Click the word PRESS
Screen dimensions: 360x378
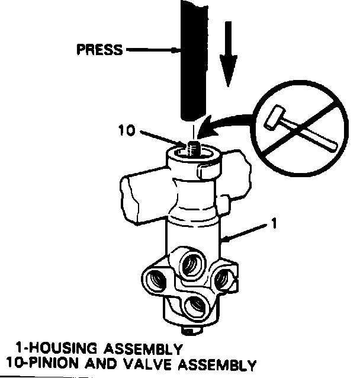click(x=99, y=50)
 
